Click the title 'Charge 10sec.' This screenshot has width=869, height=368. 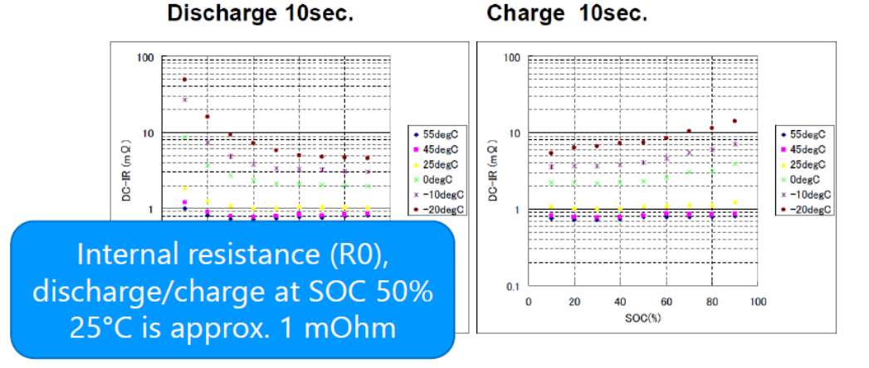click(x=568, y=14)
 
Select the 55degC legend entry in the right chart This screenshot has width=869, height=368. click(x=803, y=133)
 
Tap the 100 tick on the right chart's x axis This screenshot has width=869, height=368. click(x=757, y=301)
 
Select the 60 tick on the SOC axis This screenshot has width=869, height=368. click(x=666, y=301)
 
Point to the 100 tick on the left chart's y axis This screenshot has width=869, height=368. click(x=146, y=58)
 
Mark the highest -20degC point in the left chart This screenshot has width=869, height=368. click(x=184, y=80)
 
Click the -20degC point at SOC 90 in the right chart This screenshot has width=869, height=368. click(x=735, y=121)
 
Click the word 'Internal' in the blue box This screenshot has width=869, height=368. click(x=125, y=255)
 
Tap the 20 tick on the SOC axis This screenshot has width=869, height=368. click(x=574, y=301)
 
